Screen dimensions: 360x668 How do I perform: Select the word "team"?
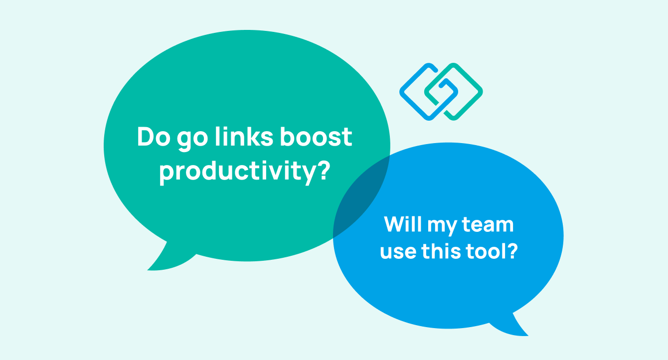(x=488, y=225)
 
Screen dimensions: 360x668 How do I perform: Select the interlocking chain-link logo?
(x=441, y=91)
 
